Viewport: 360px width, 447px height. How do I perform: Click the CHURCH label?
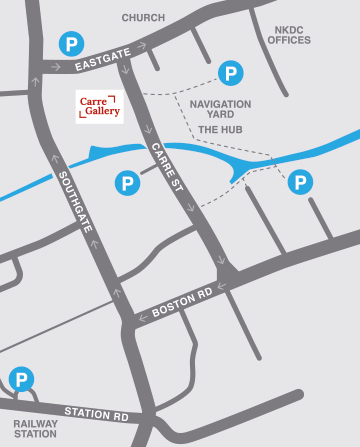(x=143, y=18)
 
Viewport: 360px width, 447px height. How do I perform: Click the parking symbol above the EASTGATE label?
(x=70, y=43)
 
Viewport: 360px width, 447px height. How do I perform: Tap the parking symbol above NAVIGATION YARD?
(x=231, y=73)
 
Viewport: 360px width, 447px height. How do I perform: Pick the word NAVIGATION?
(x=220, y=103)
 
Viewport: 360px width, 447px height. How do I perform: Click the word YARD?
(x=220, y=115)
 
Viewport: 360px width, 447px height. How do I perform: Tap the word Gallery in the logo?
(x=101, y=113)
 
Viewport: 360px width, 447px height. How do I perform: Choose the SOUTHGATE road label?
(x=75, y=201)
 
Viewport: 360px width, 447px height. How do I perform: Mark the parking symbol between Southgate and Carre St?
(x=127, y=183)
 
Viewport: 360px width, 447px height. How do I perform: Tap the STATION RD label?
(x=96, y=412)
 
